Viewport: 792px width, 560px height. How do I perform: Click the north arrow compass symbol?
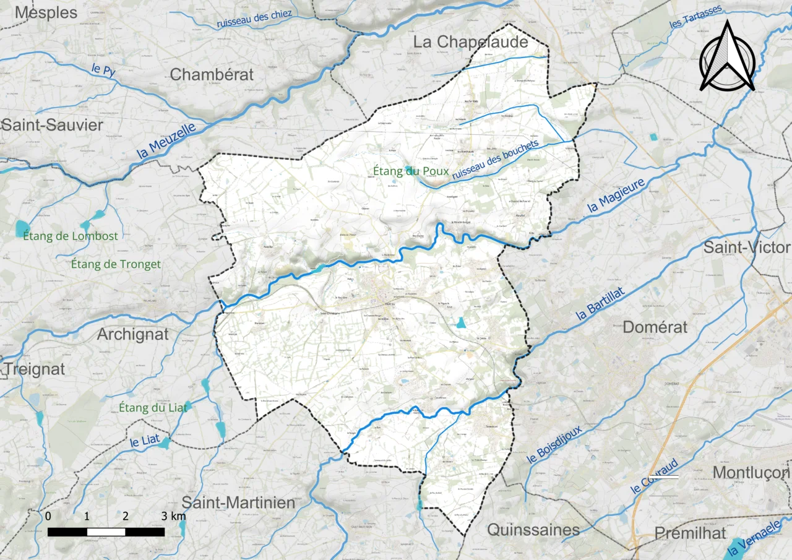[727, 57]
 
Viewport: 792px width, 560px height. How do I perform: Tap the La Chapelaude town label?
[471, 42]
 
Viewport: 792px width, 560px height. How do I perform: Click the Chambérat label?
[212, 74]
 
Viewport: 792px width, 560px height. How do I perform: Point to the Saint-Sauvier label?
[52, 125]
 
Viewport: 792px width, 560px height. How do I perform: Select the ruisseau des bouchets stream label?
[495, 161]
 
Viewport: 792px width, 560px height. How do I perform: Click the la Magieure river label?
[616, 195]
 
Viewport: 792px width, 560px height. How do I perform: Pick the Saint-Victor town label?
[747, 248]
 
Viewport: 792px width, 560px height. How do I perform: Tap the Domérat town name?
[655, 327]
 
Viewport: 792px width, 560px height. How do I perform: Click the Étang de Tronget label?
[116, 264]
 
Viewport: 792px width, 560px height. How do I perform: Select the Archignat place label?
[132, 334]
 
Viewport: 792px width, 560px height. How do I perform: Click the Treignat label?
[35, 369]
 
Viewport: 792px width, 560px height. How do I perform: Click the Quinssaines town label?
[533, 530]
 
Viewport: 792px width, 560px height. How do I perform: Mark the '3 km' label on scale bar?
[173, 516]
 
